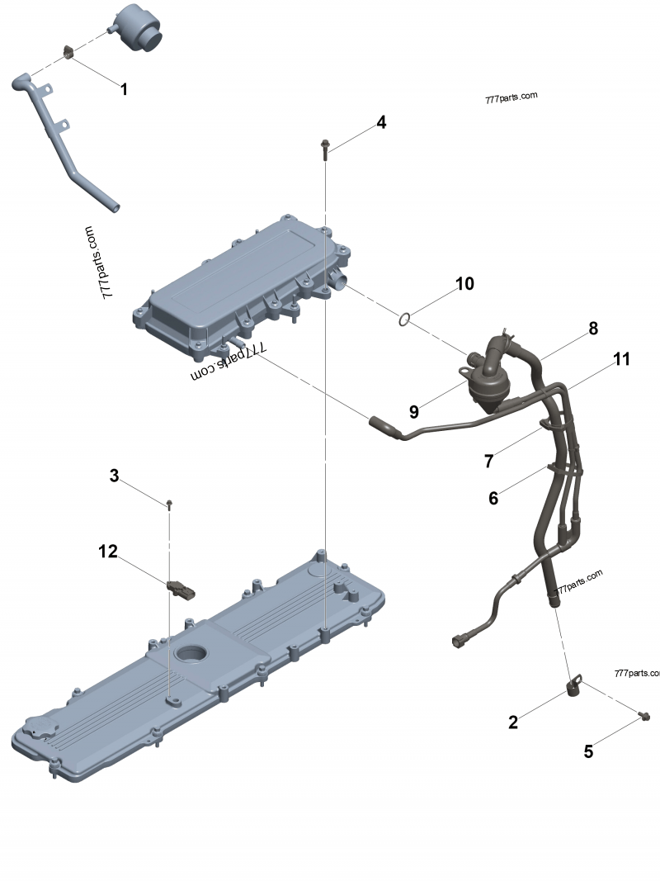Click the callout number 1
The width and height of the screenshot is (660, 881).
pyautogui.click(x=124, y=89)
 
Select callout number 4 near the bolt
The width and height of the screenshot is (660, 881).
pyautogui.click(x=380, y=122)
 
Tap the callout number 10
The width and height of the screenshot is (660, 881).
pyautogui.click(x=464, y=284)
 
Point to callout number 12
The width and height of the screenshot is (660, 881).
pyautogui.click(x=108, y=551)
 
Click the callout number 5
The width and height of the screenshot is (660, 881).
pyautogui.click(x=588, y=751)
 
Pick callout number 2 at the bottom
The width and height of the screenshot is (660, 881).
pyautogui.click(x=513, y=722)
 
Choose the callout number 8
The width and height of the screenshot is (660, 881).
pyautogui.click(x=592, y=329)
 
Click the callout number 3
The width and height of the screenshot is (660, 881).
pyautogui.click(x=115, y=476)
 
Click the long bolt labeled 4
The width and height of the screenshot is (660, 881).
pyautogui.click(x=326, y=149)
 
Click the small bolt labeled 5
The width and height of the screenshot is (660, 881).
pyautogui.click(x=645, y=713)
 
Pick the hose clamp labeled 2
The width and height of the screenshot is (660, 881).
pyautogui.click(x=573, y=685)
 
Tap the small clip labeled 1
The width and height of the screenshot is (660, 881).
pyautogui.click(x=69, y=53)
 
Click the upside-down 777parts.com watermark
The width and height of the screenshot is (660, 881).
pyautogui.click(x=223, y=369)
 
